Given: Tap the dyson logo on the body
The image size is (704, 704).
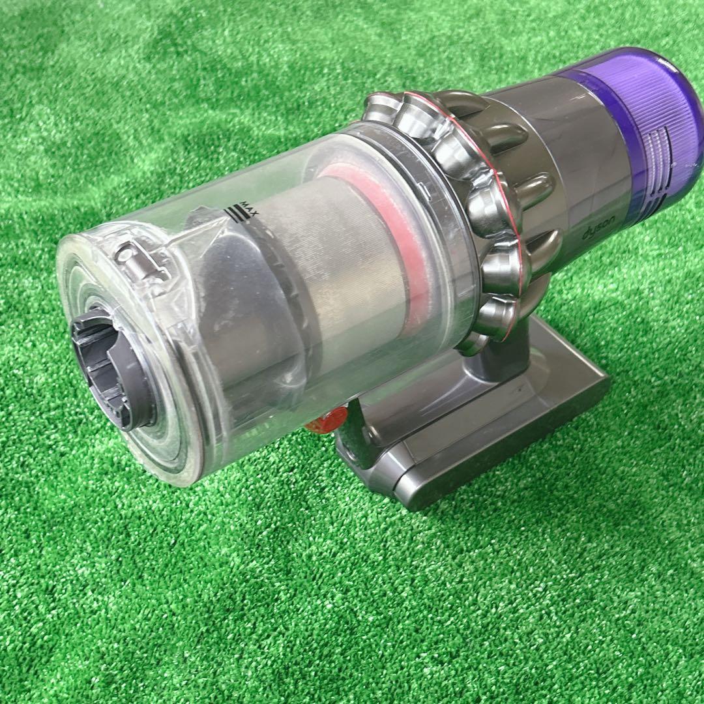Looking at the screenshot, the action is pyautogui.click(x=599, y=227).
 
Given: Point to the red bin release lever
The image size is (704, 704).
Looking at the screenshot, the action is pyautogui.click(x=327, y=420).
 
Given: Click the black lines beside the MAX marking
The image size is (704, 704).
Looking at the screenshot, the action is pyautogui.click(x=237, y=214).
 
